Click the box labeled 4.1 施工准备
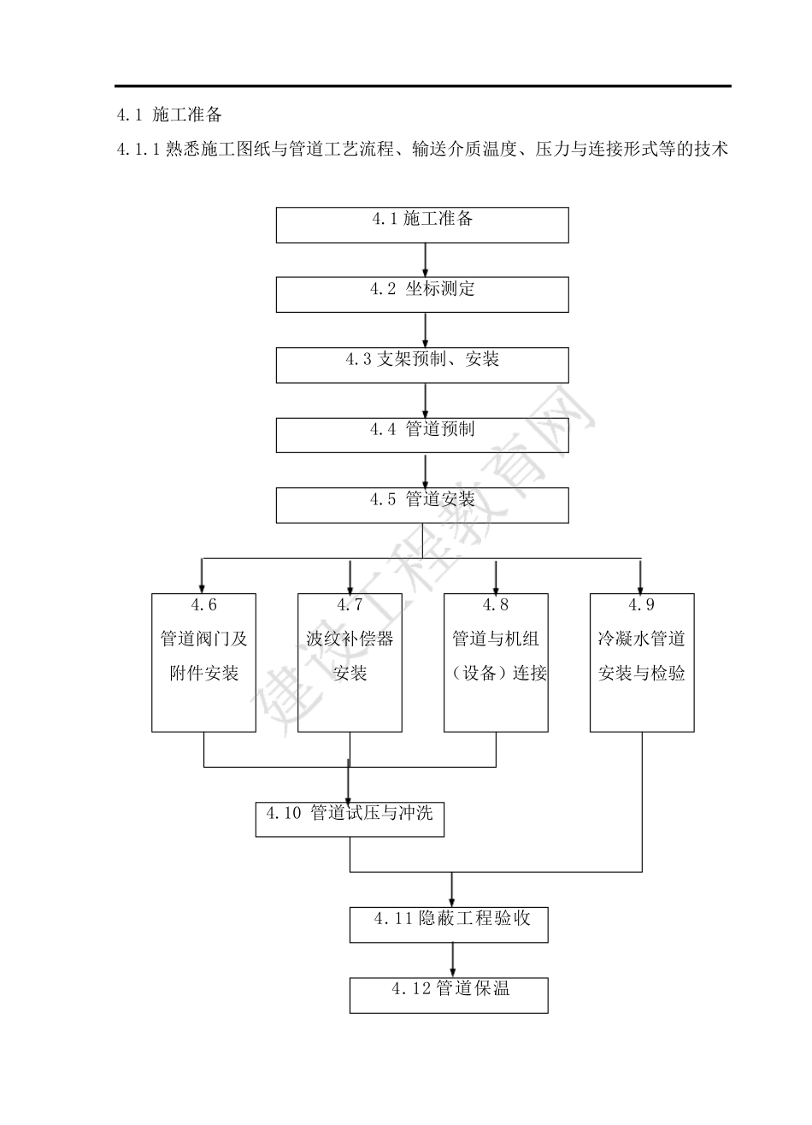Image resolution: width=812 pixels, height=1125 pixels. click(422, 225)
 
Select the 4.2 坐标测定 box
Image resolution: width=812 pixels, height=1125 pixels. click(422, 295)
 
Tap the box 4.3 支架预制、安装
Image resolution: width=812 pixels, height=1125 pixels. click(422, 365)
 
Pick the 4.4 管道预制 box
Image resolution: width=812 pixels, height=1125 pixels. click(422, 435)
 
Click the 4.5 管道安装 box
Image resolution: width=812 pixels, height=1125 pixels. click(422, 505)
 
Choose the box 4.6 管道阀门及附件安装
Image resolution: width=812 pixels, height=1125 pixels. click(203, 663)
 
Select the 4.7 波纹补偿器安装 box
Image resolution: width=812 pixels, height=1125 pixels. click(350, 663)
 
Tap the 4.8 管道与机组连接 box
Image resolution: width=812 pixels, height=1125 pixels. click(496, 663)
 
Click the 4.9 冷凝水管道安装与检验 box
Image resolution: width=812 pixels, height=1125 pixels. click(642, 663)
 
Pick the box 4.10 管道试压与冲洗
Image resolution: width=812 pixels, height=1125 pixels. click(350, 819)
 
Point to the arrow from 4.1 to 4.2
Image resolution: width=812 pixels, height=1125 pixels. click(425, 260)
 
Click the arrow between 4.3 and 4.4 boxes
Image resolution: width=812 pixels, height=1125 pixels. click(425, 400)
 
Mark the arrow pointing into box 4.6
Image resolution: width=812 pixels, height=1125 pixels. click(203, 576)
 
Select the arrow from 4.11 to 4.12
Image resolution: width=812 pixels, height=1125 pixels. click(453, 960)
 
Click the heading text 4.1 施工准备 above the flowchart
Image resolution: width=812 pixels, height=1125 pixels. click(169, 115)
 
